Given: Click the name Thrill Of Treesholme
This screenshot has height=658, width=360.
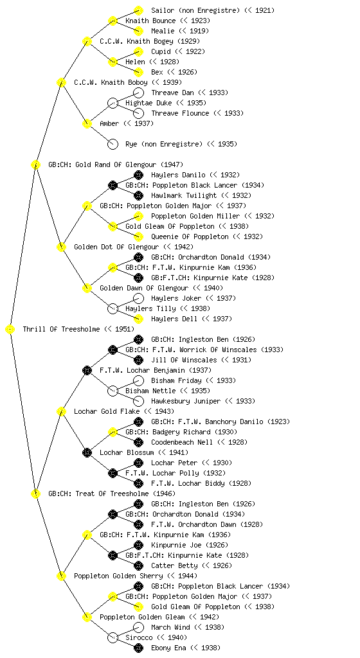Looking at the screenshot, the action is click(62, 329).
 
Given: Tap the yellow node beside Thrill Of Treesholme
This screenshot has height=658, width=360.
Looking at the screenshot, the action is click(10, 329).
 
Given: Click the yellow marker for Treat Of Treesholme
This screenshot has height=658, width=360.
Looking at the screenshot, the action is click(35, 493).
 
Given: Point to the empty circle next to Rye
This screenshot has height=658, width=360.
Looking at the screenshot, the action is click(113, 144).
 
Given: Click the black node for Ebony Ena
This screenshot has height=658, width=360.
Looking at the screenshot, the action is click(138, 648).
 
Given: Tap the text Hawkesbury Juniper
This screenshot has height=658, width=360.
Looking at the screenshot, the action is click(185, 401).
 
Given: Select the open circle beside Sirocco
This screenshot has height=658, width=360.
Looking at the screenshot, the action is click(113, 637).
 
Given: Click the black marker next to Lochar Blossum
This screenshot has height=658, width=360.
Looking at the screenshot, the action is click(87, 452).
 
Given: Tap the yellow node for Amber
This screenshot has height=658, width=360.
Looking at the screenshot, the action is click(87, 123).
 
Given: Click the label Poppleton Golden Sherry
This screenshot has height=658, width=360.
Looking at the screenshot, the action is click(118, 576).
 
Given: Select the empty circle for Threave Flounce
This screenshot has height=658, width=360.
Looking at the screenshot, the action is click(138, 113).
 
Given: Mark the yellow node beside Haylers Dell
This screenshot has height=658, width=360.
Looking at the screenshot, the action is click(138, 319).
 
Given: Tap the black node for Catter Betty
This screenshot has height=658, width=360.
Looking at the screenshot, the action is click(138, 565).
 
